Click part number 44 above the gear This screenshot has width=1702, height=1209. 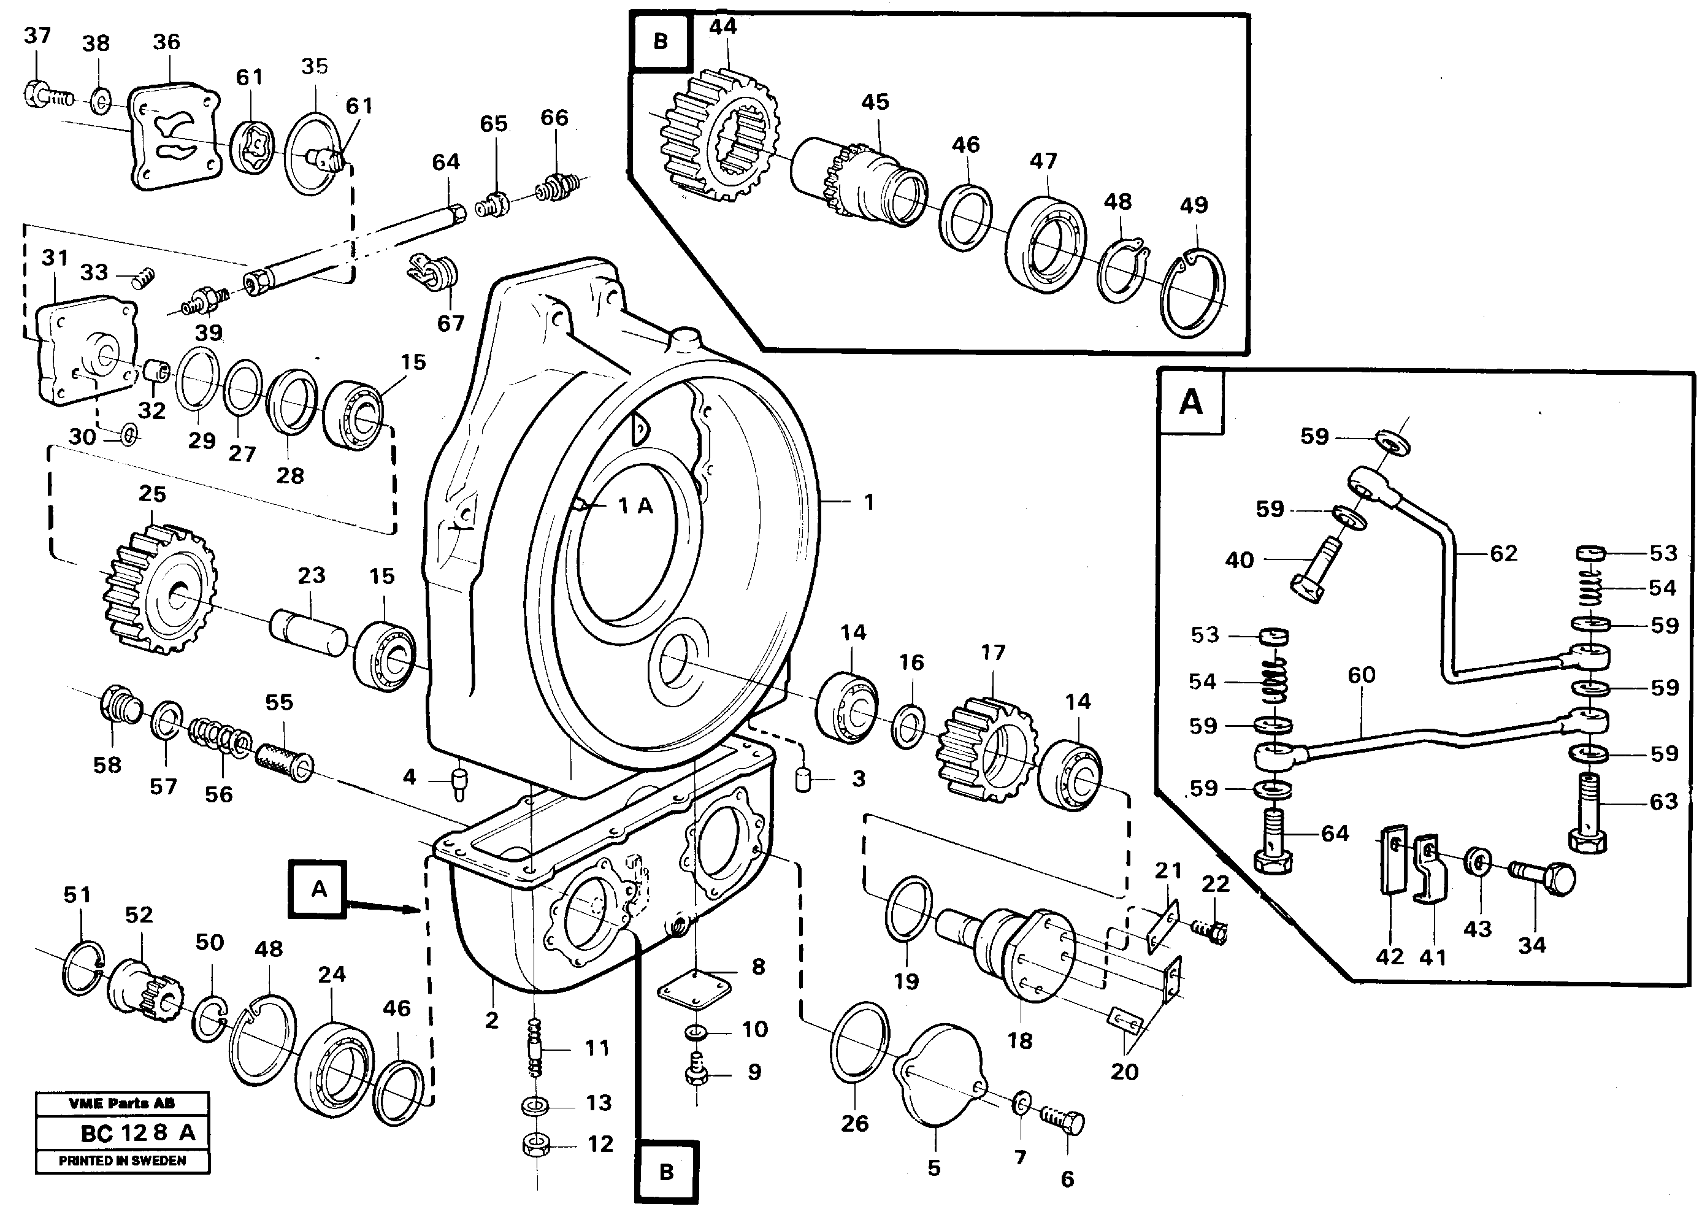pyautogui.click(x=722, y=27)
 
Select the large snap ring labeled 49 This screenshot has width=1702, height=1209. pyautogui.click(x=1194, y=293)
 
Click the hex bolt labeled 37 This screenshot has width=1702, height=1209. pyautogui.click(x=37, y=94)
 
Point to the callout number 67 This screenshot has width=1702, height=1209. pyautogui.click(x=450, y=323)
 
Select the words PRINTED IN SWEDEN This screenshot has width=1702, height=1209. pyautogui.click(x=123, y=1161)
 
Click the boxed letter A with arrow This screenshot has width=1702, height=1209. pyautogui.click(x=318, y=889)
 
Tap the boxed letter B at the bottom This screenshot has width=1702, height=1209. pyautogui.click(x=666, y=1173)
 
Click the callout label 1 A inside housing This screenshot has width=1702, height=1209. pyautogui.click(x=635, y=506)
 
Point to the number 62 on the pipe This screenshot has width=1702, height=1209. pyautogui.click(x=1503, y=553)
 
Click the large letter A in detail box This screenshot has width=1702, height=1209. pyautogui.click(x=1190, y=403)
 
